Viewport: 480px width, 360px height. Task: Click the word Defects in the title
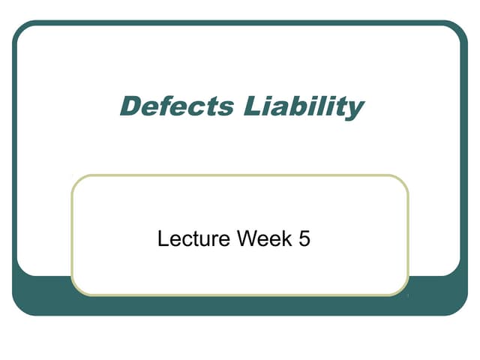pos(177,106)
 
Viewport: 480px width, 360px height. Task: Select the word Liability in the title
pos(304,106)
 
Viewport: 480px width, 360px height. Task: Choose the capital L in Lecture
pos(163,240)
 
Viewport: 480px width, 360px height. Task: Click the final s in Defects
pos(226,108)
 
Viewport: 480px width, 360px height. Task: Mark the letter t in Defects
pos(212,107)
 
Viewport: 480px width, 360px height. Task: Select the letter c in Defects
pos(198,108)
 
